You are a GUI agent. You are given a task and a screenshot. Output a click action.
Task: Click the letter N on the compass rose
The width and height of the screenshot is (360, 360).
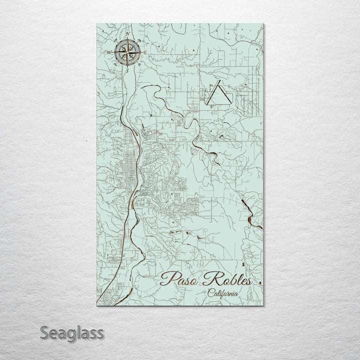click(127, 34)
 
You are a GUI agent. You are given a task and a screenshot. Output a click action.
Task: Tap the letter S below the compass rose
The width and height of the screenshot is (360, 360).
click(127, 70)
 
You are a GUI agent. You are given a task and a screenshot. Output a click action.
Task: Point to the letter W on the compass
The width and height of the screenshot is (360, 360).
click(108, 52)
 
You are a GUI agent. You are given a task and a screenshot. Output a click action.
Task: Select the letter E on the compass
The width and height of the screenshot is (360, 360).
click(145, 52)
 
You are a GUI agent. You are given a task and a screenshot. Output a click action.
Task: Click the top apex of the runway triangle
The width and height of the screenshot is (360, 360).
click(217, 83)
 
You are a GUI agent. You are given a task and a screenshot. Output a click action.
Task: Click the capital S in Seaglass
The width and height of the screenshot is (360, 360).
click(45, 332)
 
